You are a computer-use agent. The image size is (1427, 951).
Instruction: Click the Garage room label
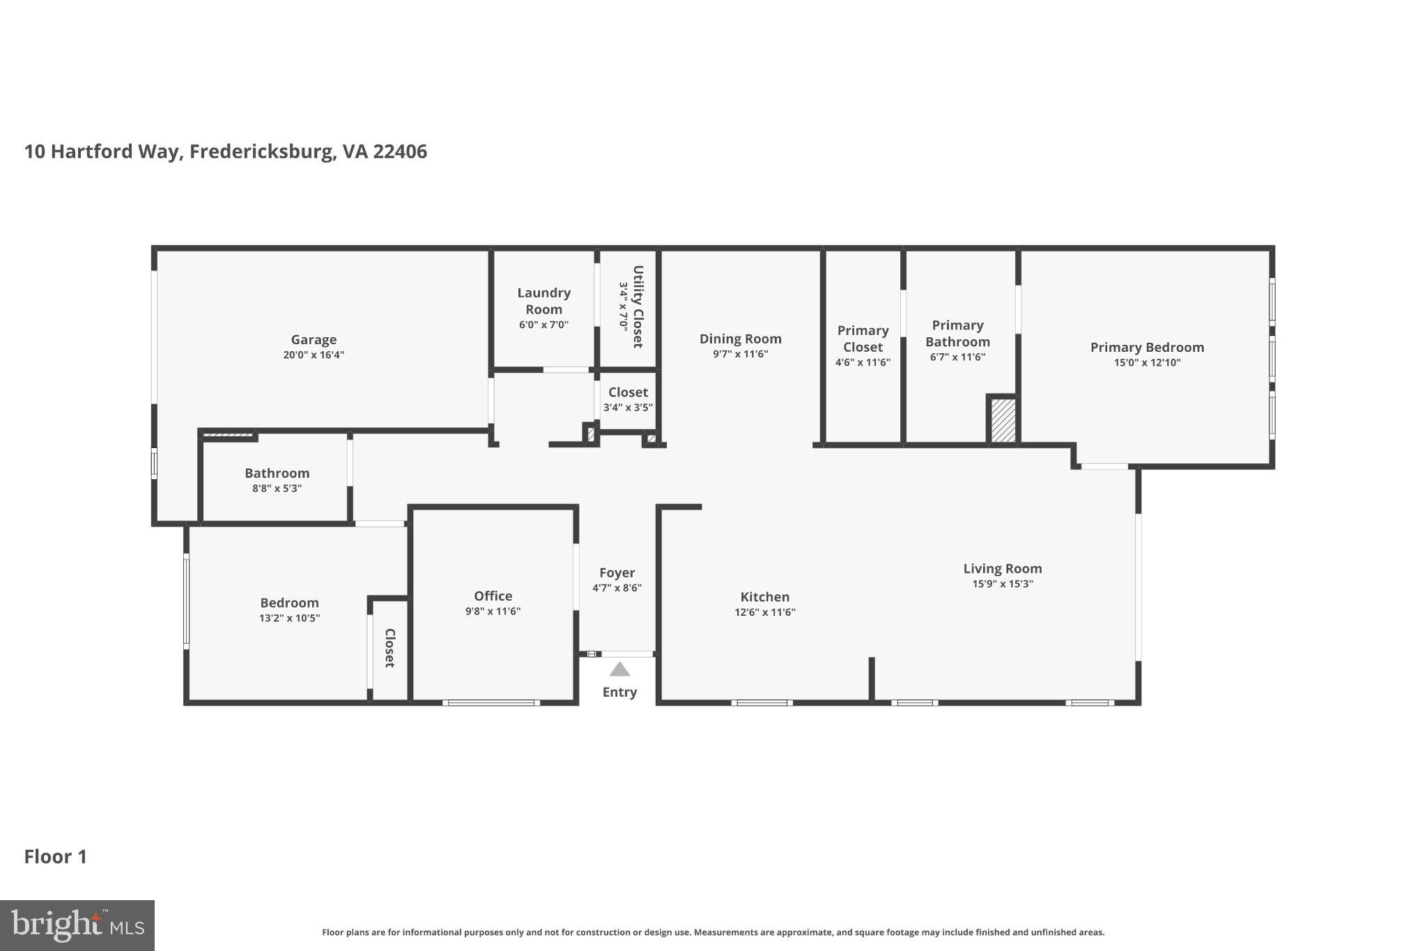pyautogui.click(x=314, y=339)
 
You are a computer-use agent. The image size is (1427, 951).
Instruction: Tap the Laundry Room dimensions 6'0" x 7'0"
pyautogui.click(x=543, y=325)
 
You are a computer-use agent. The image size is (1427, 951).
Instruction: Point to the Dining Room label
pyautogui.click(x=740, y=339)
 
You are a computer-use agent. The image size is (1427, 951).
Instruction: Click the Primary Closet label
pyautogui.click(x=863, y=339)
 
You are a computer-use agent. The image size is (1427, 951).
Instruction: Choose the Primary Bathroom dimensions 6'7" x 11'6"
pyautogui.click(x=957, y=357)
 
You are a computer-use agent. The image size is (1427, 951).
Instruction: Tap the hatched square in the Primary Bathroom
pyautogui.click(x=1003, y=419)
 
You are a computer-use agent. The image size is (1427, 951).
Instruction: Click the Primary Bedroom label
pyautogui.click(x=1146, y=347)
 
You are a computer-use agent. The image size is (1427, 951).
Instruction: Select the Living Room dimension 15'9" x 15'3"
pyautogui.click(x=1002, y=585)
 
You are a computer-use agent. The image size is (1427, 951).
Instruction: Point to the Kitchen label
pyautogui.click(x=764, y=596)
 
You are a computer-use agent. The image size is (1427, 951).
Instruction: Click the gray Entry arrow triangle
pyautogui.click(x=619, y=670)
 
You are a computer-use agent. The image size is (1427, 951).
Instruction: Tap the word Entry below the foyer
pyautogui.click(x=619, y=692)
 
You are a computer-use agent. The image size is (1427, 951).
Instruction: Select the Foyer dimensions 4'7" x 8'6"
pyautogui.click(x=617, y=588)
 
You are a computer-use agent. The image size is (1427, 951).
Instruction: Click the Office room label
pyautogui.click(x=493, y=596)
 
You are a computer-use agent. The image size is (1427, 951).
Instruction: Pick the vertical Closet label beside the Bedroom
pyautogui.click(x=390, y=648)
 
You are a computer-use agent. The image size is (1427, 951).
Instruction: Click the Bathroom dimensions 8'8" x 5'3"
pyautogui.click(x=277, y=488)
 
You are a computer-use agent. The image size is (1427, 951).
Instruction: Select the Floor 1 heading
pyautogui.click(x=56, y=856)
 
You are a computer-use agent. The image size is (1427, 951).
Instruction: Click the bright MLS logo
pyautogui.click(x=77, y=925)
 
